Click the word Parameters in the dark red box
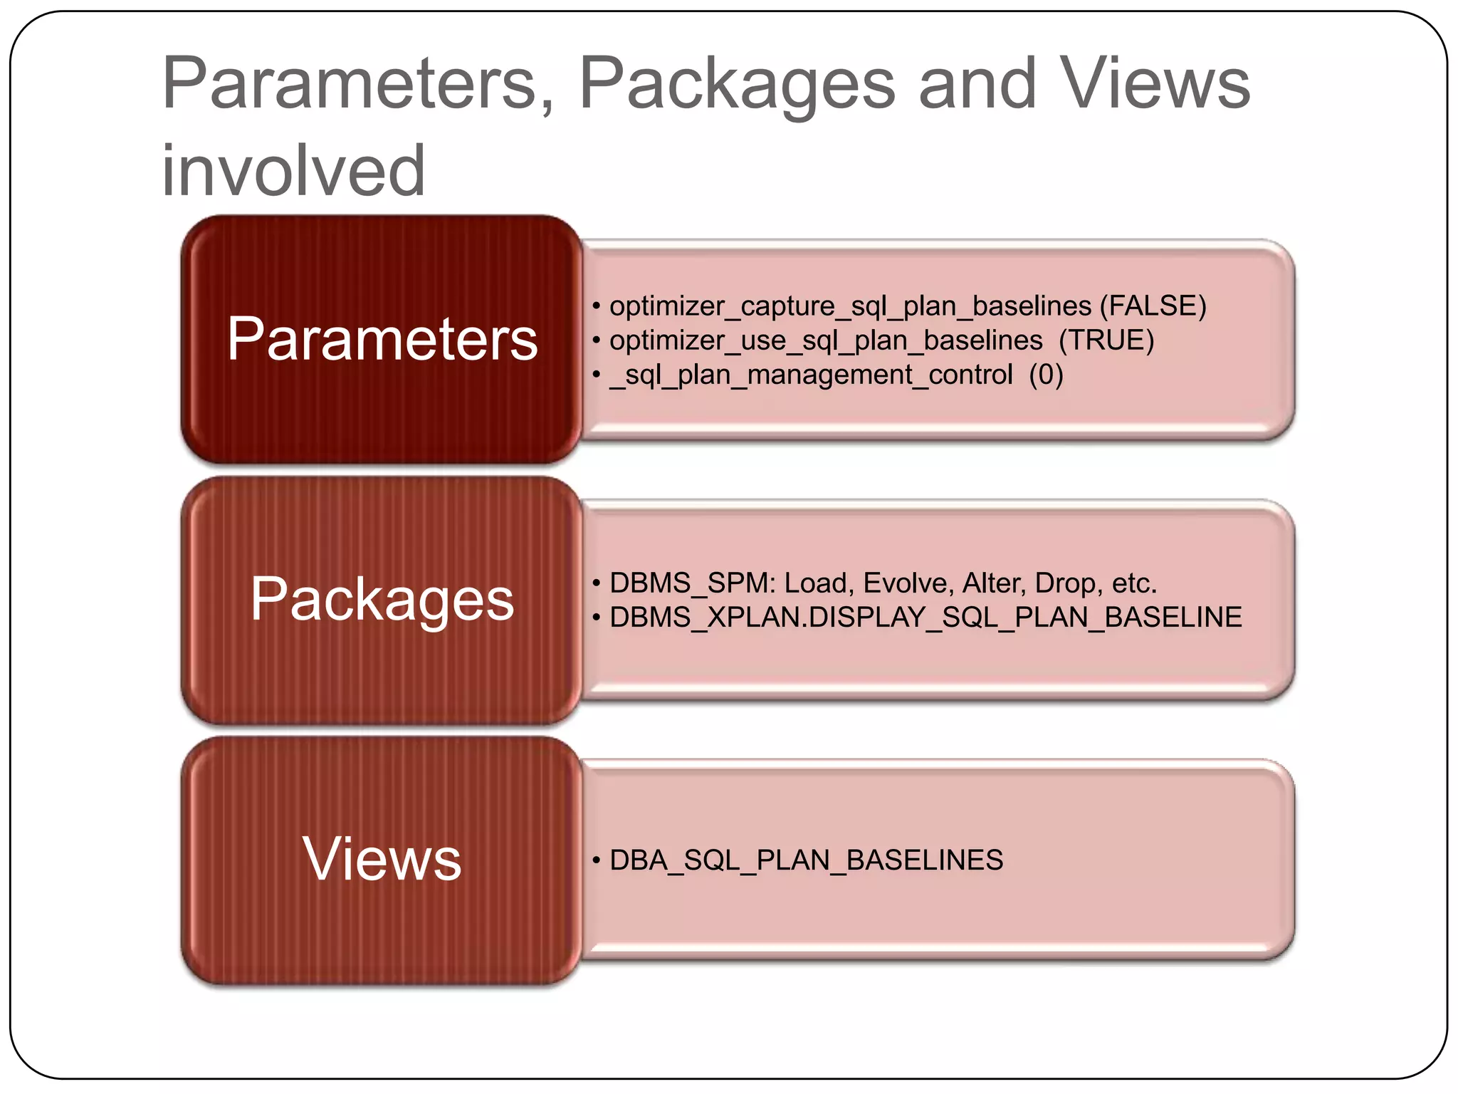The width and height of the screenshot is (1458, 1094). click(382, 339)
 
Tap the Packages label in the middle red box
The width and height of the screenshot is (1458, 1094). click(382, 600)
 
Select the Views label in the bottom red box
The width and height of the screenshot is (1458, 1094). click(382, 859)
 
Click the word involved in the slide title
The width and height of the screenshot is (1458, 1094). click(293, 171)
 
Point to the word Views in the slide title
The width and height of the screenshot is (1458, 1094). click(1155, 84)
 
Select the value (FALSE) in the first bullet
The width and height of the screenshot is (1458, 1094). click(1153, 306)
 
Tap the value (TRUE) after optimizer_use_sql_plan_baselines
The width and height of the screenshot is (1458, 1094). click(1106, 340)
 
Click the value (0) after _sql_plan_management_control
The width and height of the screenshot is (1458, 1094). click(1046, 375)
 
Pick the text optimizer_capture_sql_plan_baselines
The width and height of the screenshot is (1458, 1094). click(850, 306)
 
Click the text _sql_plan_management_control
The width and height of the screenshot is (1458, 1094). click(811, 375)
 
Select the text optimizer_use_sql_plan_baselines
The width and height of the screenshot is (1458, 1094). click(826, 340)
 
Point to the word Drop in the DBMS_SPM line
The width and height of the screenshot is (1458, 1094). click(1065, 583)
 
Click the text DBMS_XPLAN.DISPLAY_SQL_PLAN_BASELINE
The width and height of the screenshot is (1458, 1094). click(925, 618)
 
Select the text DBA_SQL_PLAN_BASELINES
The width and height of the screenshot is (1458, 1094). click(806, 860)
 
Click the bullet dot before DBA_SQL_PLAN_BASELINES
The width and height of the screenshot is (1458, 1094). click(597, 860)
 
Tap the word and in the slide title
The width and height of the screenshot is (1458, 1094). click(977, 84)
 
